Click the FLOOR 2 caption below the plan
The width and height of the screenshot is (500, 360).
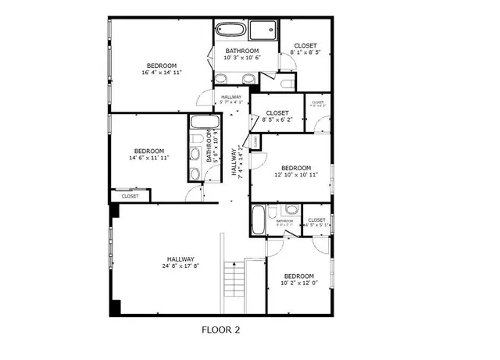pos(220,330)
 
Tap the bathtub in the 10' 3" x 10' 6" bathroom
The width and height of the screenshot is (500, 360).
pos(232,31)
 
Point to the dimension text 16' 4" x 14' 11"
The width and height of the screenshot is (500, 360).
pos(160,73)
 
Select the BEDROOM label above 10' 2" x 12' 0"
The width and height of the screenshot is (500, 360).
pos(298,276)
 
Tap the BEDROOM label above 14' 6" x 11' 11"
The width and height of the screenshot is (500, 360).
pos(148,151)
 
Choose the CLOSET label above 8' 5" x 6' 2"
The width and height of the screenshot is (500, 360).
pos(277,113)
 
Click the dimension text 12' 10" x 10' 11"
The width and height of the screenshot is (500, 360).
pos(296,175)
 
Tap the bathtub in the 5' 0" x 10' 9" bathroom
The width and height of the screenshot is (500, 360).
pos(205,123)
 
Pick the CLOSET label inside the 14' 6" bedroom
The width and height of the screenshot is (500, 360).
pos(130,196)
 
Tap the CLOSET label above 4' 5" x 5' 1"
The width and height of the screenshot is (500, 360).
pos(316,220)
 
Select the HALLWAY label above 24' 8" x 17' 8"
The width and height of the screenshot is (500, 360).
pos(180,259)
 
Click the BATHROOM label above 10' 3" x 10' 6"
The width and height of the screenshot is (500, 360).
pos(242,50)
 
